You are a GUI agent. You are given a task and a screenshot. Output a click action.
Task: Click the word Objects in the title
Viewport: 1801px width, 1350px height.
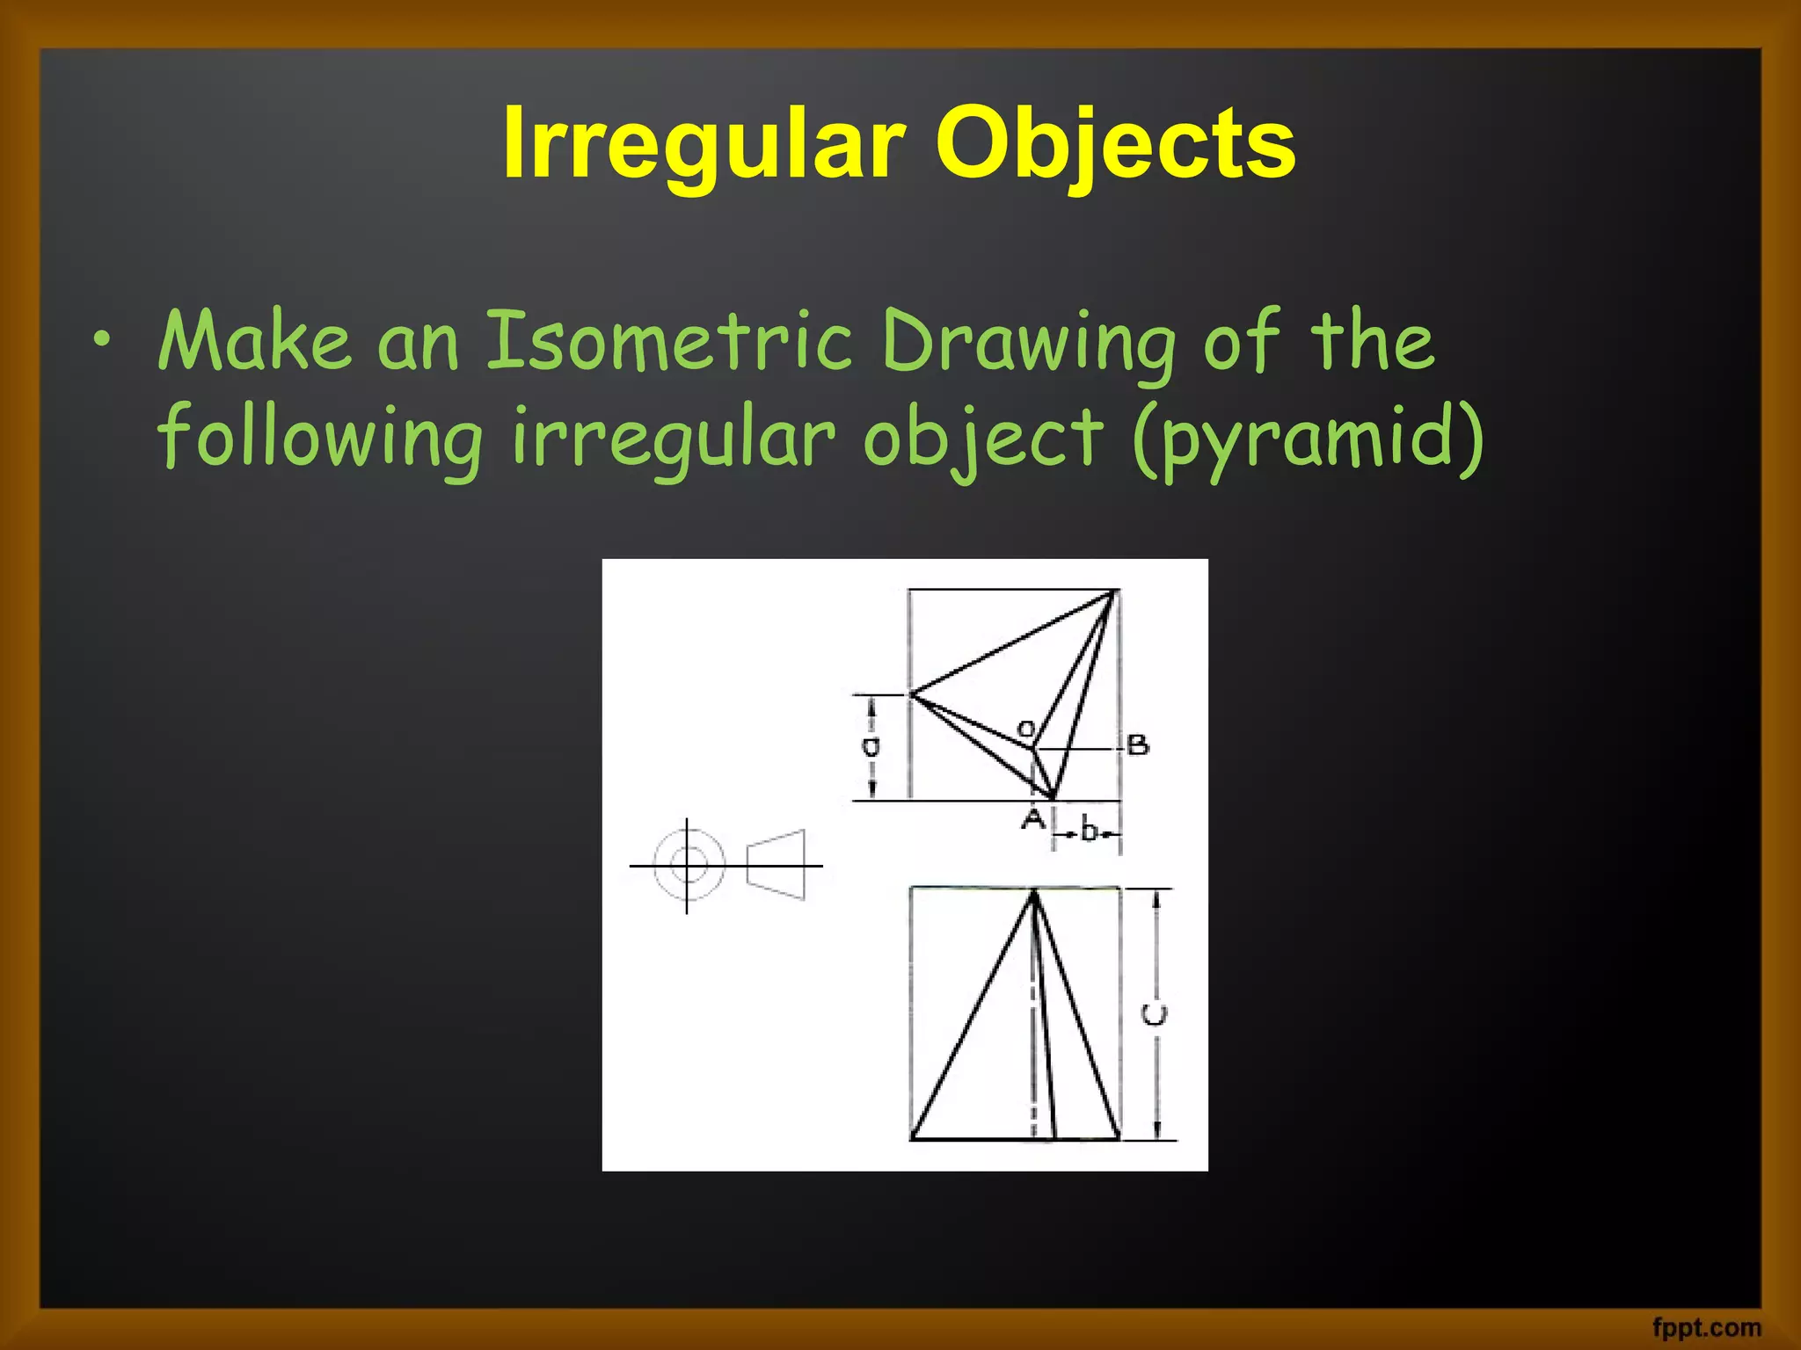1114,143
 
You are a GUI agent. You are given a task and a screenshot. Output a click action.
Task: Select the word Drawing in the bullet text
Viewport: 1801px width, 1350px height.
1028,343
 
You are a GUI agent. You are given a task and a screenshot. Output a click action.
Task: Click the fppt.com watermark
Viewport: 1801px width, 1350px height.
1706,1327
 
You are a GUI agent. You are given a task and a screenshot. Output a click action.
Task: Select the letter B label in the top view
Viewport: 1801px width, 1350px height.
1138,745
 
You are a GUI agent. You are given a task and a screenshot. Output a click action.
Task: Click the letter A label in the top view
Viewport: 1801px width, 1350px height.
1033,819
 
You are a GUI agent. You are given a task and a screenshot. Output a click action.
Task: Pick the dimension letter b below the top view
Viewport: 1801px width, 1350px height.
1089,830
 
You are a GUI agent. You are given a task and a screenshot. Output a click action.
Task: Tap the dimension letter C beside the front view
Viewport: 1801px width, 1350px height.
1155,1014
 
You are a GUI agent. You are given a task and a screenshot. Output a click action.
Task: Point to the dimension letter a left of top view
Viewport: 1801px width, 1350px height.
870,747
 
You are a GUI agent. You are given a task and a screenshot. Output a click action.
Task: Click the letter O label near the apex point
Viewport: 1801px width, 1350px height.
1025,729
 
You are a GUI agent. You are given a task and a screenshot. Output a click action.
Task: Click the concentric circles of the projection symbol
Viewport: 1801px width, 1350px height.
689,864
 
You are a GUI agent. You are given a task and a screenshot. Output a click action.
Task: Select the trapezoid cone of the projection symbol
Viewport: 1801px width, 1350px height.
777,864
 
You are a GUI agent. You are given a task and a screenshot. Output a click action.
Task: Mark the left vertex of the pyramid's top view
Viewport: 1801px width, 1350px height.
911,694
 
